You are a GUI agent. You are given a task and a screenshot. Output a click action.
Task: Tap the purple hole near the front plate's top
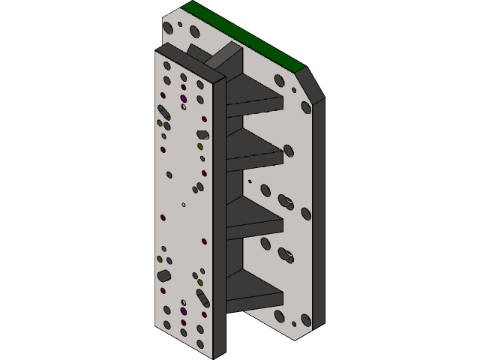tap(184, 97)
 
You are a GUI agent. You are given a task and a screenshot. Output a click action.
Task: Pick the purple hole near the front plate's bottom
tap(184, 310)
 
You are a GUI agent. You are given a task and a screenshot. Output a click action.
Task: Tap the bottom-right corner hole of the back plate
tap(305, 320)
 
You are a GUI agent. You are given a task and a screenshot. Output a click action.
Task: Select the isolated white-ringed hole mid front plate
tap(184, 204)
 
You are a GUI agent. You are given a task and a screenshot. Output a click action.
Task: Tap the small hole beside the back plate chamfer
tap(294, 90)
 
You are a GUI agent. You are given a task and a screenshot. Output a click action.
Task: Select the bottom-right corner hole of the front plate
tap(200, 343)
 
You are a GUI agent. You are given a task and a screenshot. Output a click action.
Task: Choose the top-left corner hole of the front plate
tap(167, 63)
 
